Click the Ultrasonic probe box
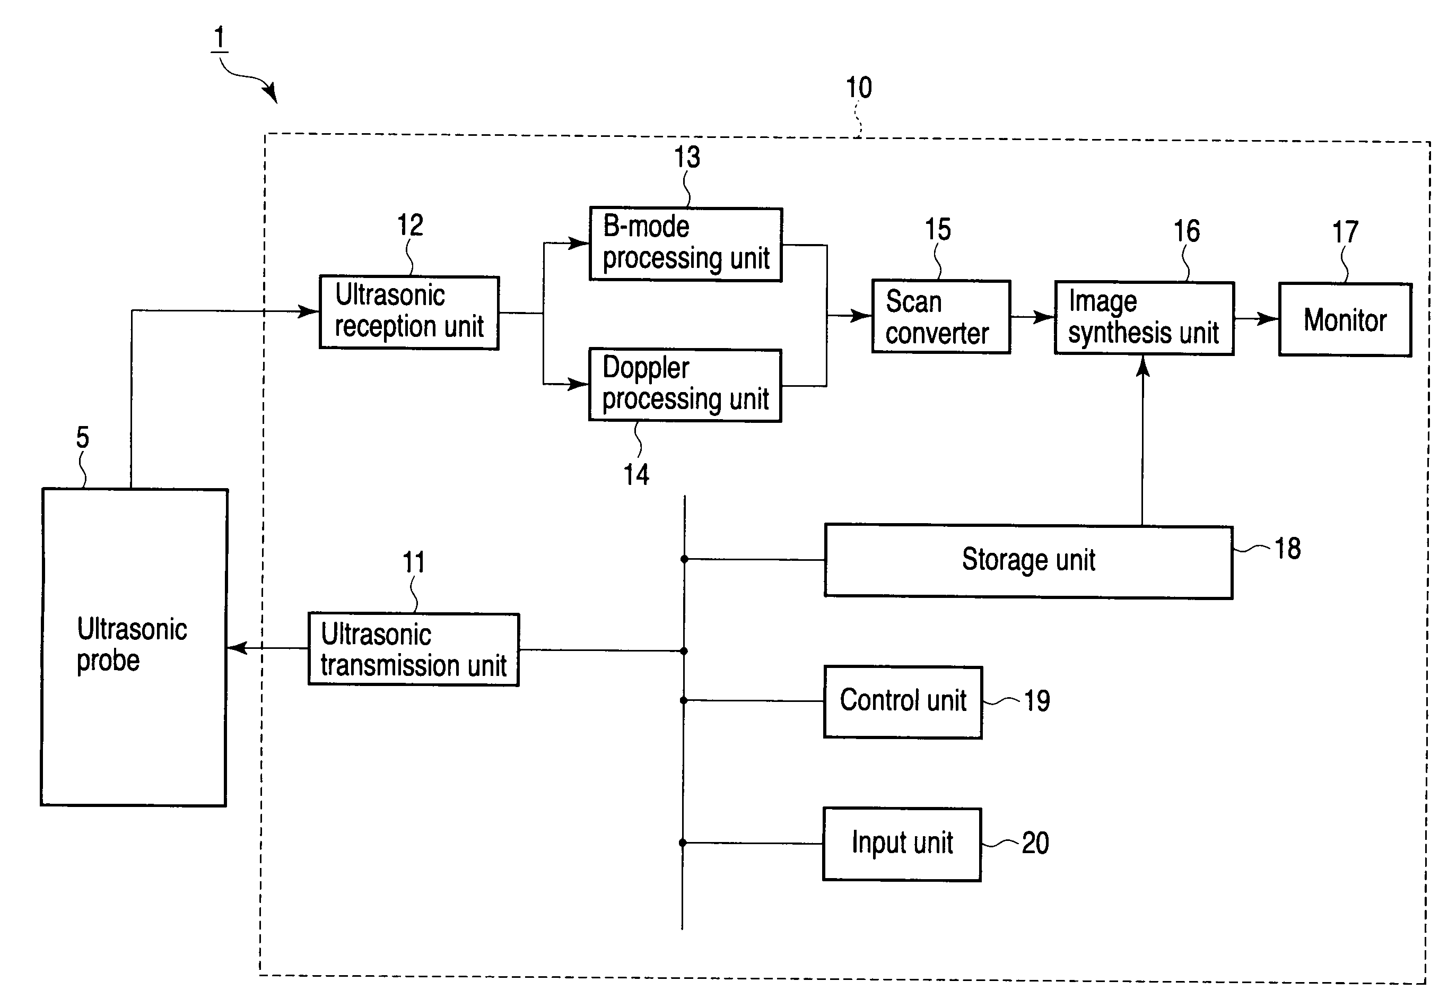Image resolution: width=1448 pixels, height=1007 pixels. tap(134, 647)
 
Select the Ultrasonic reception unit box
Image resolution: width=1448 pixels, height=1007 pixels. tap(409, 312)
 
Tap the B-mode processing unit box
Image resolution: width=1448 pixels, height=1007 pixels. tap(685, 244)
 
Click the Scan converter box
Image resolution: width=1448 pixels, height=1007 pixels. tap(941, 317)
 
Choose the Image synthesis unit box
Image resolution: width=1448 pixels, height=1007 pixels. tap(1144, 318)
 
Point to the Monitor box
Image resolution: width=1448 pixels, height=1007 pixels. tap(1345, 320)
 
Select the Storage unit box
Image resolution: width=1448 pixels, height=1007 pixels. tap(1028, 561)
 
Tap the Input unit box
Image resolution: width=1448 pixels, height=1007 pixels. tap(902, 844)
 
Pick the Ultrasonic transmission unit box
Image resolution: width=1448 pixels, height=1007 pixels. tap(414, 649)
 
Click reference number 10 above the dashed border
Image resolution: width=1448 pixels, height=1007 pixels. tap(859, 88)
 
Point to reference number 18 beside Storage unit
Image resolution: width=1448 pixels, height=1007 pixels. tap(1288, 548)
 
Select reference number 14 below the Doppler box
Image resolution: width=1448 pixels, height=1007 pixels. tap(636, 474)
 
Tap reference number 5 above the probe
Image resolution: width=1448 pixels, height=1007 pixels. tap(83, 437)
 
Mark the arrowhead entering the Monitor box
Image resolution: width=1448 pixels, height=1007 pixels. tap(1268, 319)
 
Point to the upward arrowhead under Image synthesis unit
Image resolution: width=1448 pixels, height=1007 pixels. tap(1143, 366)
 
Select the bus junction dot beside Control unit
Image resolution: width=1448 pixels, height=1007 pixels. tap(684, 700)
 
